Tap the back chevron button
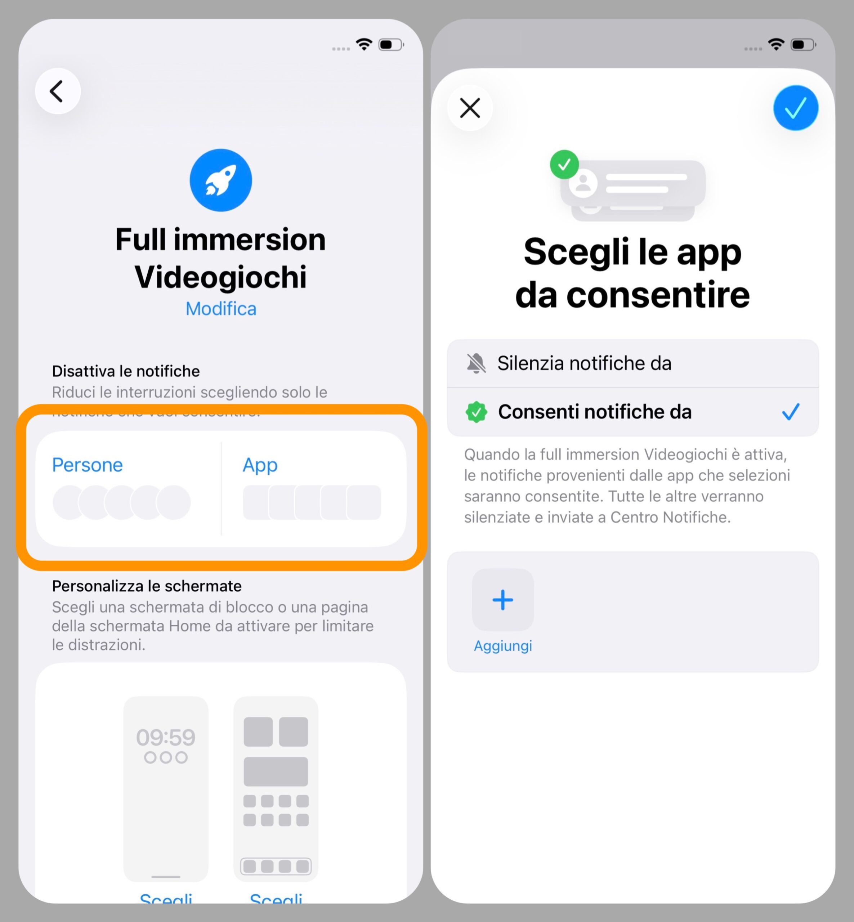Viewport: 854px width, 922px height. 58,91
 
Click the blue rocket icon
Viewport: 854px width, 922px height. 220,180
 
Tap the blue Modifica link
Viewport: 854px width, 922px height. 220,309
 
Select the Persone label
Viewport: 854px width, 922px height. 87,465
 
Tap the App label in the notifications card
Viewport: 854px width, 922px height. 260,465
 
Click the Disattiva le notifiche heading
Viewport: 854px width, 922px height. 126,371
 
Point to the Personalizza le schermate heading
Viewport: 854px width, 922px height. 147,586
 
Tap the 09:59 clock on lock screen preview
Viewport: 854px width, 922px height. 165,737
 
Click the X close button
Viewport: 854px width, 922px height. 470,108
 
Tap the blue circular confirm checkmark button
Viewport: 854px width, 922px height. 795,108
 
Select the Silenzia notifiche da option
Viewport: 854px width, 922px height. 584,363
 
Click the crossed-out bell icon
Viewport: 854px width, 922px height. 476,363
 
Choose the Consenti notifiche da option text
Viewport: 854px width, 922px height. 595,411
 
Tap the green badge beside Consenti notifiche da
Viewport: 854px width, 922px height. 476,412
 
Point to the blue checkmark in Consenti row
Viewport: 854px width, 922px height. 790,411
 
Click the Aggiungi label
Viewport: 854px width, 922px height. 503,646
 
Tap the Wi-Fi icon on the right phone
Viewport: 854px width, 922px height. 776,44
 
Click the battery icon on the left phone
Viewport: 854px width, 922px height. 390,45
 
